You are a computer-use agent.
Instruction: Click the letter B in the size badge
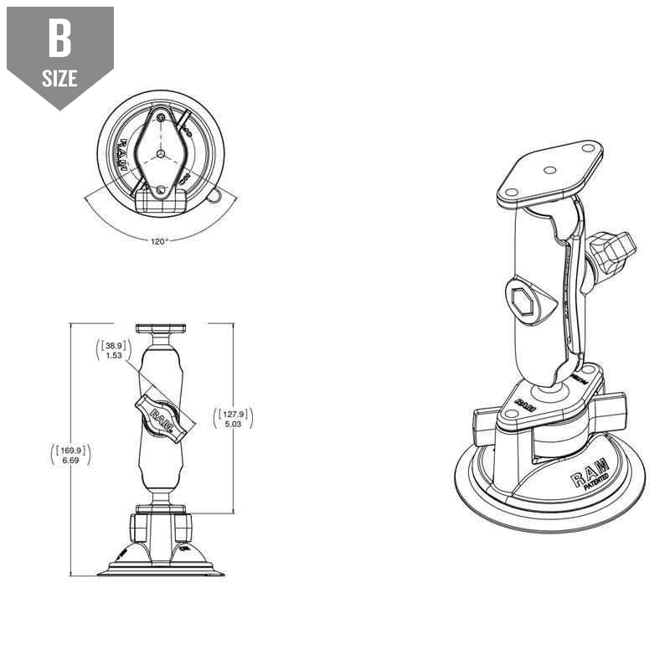(59, 39)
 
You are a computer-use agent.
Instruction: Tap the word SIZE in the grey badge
(59, 79)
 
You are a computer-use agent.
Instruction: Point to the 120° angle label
(160, 241)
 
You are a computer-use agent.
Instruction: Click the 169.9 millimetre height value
(71, 451)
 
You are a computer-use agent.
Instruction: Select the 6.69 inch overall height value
(71, 461)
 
